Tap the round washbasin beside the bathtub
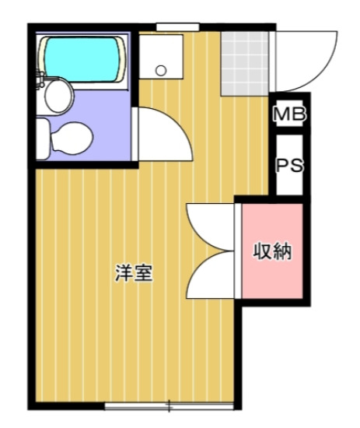point(58,97)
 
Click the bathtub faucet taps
point(40,78)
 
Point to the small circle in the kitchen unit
point(161,70)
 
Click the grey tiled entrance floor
point(245,62)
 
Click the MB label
point(289,115)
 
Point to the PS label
point(289,167)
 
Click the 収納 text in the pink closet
point(271,251)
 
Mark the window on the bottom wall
point(169,405)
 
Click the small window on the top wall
point(173,27)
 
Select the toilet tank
point(44,139)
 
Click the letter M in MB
point(283,115)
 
